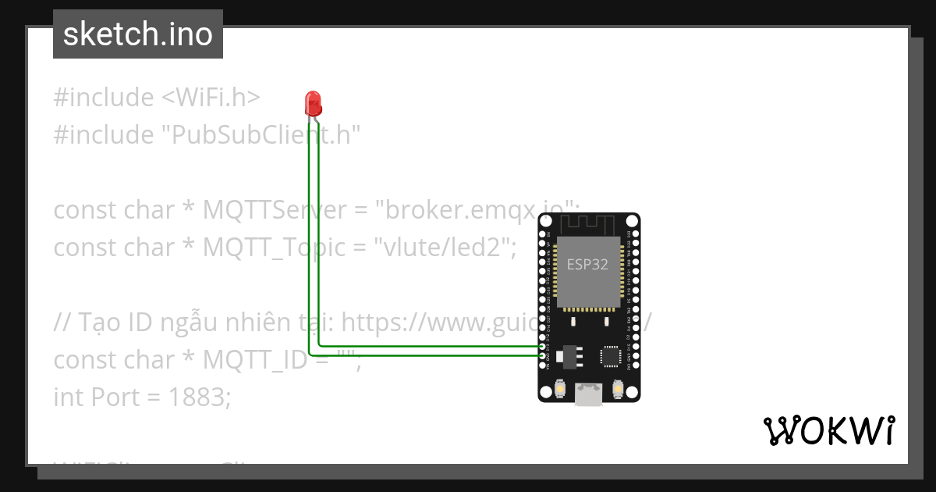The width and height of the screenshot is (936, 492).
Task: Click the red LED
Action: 313,103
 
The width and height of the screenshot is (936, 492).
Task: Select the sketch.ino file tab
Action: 138,34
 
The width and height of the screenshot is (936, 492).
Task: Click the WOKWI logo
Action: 829,431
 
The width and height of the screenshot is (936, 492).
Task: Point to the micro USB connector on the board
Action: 589,395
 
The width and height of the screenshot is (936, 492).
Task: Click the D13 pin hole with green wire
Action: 543,346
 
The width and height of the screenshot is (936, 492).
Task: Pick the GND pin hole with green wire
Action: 543,355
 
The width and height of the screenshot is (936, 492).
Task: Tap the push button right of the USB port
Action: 618,388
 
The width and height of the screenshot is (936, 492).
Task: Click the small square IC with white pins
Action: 612,357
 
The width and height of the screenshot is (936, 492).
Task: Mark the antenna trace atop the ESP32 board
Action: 589,224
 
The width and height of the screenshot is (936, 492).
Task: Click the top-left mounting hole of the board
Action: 544,219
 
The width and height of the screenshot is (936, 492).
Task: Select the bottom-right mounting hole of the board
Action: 634,396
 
